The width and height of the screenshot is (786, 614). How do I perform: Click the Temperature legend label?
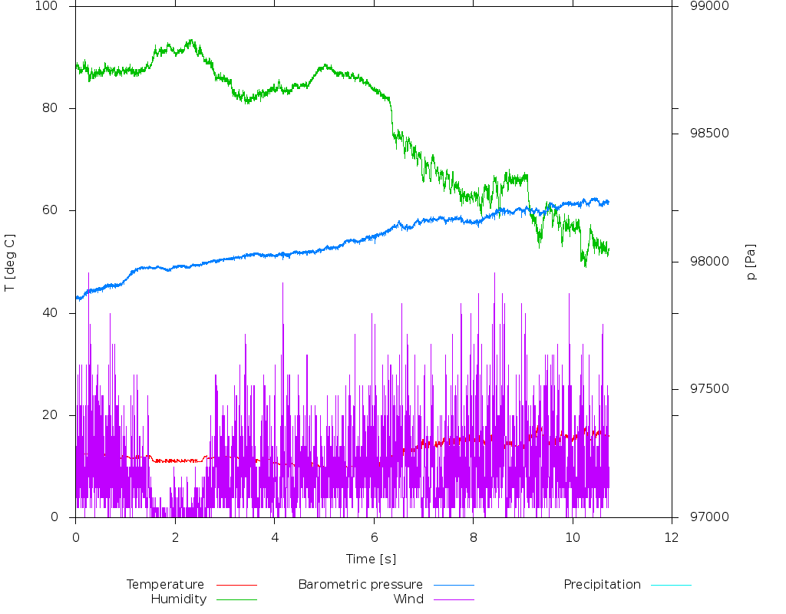pyautogui.click(x=165, y=585)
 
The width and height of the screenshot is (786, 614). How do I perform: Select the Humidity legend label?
pyautogui.click(x=178, y=599)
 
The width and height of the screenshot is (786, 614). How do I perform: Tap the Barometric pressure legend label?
pyautogui.click(x=360, y=585)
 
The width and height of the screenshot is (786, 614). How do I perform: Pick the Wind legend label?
pyautogui.click(x=408, y=599)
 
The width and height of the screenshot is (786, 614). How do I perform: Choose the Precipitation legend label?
pyautogui.click(x=602, y=585)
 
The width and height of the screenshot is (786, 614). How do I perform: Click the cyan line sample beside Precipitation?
pyautogui.click(x=671, y=585)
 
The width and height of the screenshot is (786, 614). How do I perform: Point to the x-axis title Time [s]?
pyautogui.click(x=371, y=559)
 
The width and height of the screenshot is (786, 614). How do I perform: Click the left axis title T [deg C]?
pyautogui.click(x=10, y=262)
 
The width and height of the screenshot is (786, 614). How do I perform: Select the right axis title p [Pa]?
pyautogui.click(x=751, y=262)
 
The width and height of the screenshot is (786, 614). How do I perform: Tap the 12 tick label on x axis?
pyautogui.click(x=672, y=537)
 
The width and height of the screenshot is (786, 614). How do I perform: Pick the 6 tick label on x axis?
pyautogui.click(x=374, y=537)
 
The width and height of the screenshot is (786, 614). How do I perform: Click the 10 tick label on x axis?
pyautogui.click(x=572, y=537)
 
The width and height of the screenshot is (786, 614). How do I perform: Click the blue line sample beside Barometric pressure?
pyautogui.click(x=454, y=585)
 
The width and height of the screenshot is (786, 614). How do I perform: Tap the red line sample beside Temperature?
pyautogui.click(x=236, y=585)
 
